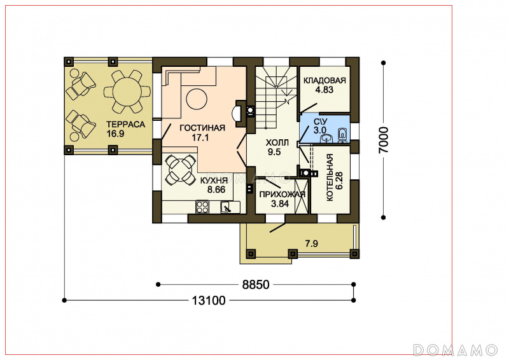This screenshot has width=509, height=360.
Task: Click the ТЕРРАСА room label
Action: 125,124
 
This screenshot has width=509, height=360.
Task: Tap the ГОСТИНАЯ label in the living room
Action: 202,128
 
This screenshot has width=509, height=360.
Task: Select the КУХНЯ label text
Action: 214,181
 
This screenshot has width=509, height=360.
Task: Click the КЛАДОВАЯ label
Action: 324,81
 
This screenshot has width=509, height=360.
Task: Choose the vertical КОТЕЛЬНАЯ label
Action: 330,177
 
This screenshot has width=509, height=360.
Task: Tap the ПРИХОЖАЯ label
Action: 282,195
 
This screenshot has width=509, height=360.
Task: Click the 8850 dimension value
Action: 256,285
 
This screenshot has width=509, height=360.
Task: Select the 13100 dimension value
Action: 209,301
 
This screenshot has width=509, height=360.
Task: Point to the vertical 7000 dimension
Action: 384,140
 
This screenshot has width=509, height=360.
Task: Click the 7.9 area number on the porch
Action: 311,244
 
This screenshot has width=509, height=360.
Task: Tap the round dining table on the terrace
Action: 127,92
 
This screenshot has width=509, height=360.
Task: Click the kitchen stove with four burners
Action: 202,207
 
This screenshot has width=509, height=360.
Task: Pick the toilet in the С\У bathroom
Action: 342,135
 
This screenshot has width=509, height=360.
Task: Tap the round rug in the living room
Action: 197,99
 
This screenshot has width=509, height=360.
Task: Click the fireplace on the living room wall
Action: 240,113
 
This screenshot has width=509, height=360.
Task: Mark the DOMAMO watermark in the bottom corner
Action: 456,350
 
